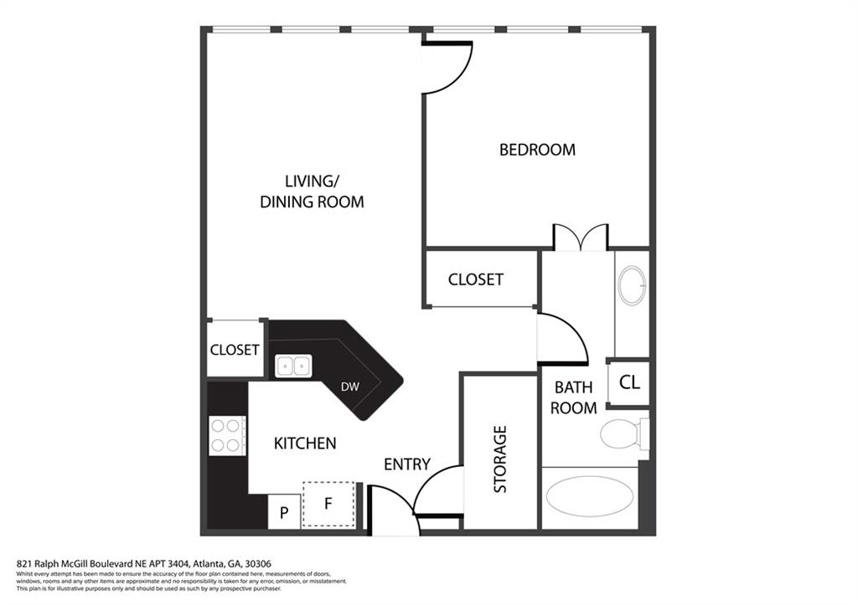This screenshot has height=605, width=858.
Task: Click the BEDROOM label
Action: pos(537,150)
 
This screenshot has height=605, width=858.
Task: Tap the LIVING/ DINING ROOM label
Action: pos(312,191)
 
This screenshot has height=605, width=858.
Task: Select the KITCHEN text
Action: pos(305,443)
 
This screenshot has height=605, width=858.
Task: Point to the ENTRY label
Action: pos(407,464)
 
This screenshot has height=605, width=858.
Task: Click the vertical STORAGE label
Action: pos(500,459)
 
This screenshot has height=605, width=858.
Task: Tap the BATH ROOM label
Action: pos(573,397)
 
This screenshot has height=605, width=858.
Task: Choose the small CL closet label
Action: pos(629,382)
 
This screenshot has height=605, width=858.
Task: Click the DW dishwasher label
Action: pos(350,387)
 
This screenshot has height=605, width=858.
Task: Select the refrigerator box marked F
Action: pos(328,504)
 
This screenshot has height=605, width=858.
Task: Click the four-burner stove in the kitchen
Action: pos(227,435)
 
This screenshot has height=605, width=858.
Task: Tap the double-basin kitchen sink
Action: pos(293,366)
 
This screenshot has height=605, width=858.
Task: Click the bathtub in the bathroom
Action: pos(590,496)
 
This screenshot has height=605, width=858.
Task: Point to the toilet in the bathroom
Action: pos(623,433)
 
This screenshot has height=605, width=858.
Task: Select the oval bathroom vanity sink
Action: pos(632,285)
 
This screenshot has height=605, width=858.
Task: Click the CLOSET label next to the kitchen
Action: pos(235,349)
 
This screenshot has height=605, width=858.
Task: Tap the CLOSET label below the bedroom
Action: pos(475,279)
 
